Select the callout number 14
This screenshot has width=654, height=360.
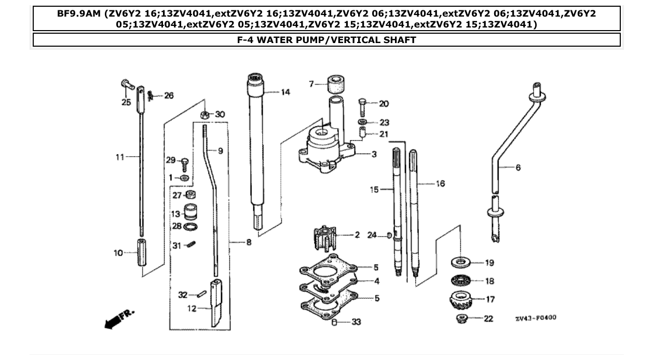pyautogui.click(x=285, y=92)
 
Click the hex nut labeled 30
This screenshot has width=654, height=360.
pyautogui.click(x=205, y=115)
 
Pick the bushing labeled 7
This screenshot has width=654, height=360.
pyautogui.click(x=336, y=84)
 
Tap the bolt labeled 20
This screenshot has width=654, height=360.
pyautogui.click(x=363, y=107)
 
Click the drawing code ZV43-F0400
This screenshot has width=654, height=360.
pyautogui.click(x=536, y=317)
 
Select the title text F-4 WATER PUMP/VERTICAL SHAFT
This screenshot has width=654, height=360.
pyautogui.click(x=326, y=39)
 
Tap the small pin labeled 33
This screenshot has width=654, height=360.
pyautogui.click(x=335, y=322)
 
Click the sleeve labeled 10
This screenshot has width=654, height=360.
pyautogui.click(x=143, y=253)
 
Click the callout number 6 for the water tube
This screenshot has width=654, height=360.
pyautogui.click(x=518, y=168)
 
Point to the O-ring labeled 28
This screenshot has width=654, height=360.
pyautogui.click(x=191, y=227)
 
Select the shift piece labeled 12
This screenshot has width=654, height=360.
pyautogui.click(x=217, y=302)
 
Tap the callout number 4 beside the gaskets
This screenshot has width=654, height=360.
pyautogui.click(x=377, y=282)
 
